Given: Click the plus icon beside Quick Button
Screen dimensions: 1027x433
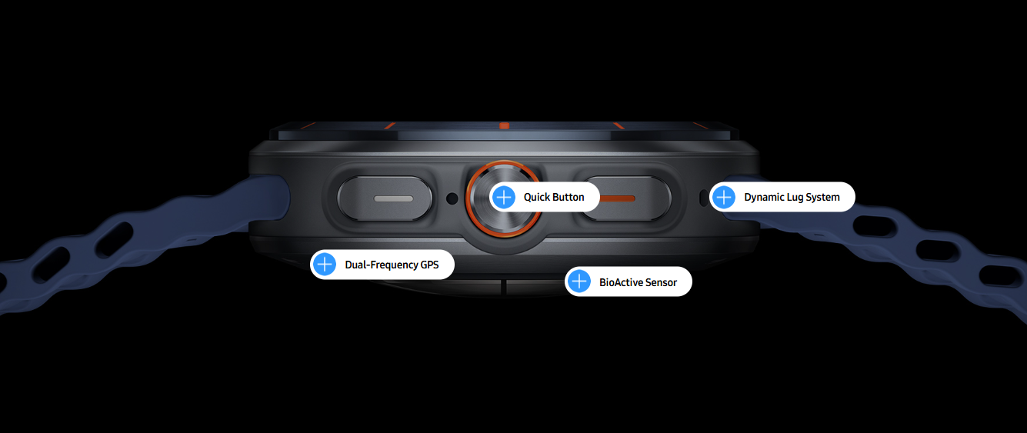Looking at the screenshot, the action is click(x=504, y=197).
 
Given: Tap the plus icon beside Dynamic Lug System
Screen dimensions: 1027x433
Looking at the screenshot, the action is click(x=724, y=197).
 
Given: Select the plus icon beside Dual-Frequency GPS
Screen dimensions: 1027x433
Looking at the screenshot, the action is click(x=325, y=265).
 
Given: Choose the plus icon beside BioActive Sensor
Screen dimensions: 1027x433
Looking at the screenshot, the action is click(x=579, y=281).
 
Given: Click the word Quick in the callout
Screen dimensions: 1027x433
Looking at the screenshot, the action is click(x=535, y=197).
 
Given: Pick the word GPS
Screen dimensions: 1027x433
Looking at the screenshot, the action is click(x=427, y=265).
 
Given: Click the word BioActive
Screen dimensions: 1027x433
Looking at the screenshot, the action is click(x=619, y=282).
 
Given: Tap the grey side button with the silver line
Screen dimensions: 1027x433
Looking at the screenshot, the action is click(x=385, y=198).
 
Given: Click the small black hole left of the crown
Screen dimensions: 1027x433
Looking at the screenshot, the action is click(x=452, y=198).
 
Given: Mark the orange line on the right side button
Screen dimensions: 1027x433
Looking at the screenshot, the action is click(x=617, y=198).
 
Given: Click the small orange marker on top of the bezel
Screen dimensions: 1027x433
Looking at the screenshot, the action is click(x=505, y=125).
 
